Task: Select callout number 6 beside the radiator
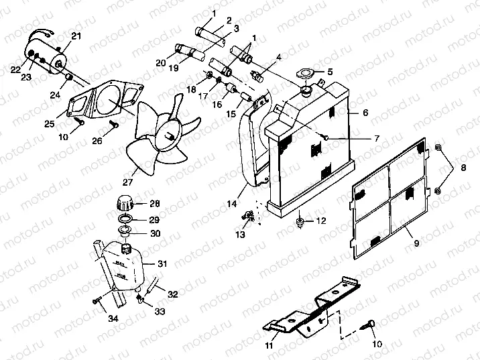[365, 113]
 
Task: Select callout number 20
[161, 64]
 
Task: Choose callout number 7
[376, 139]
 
